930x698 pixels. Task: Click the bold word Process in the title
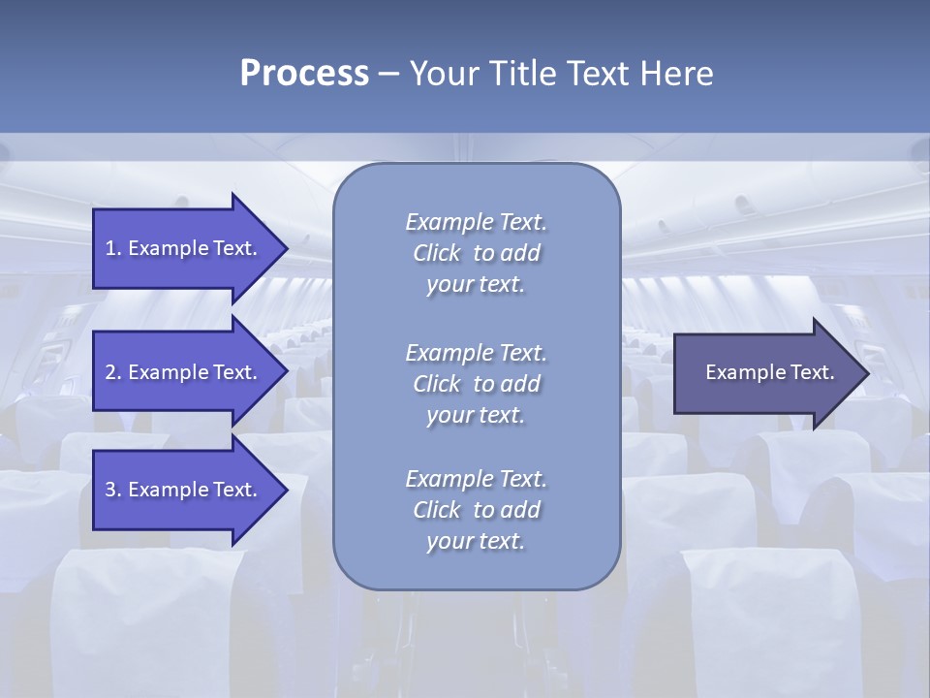(x=304, y=74)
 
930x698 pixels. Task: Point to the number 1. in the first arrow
(x=113, y=248)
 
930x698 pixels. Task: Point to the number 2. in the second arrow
(x=113, y=372)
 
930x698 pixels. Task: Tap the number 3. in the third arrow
(x=113, y=490)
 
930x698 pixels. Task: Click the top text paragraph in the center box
(x=476, y=253)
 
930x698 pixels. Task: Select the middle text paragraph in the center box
(x=476, y=383)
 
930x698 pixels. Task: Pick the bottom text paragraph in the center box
(x=476, y=510)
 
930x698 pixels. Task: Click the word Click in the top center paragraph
(x=436, y=253)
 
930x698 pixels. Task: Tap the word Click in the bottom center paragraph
(x=436, y=510)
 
